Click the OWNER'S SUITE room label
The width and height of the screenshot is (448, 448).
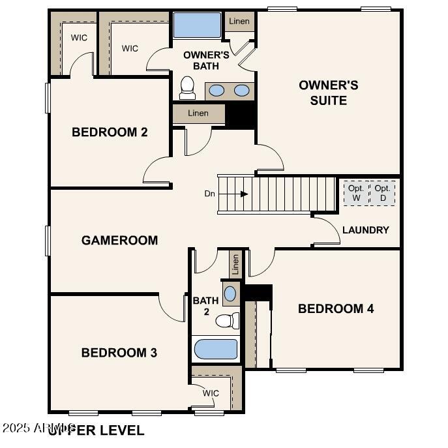pos(329,93)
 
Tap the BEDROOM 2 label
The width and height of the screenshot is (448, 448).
pos(110,132)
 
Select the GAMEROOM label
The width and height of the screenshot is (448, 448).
pos(119,240)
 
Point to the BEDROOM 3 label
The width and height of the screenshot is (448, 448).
pos(119,353)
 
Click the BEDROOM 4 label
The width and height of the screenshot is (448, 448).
pos(336,308)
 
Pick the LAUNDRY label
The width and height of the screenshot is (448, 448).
pos(365,230)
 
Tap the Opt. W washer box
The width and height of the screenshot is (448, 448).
pos(356,193)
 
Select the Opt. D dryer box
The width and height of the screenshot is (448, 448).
pos(383,193)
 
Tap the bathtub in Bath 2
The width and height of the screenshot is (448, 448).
pos(216,350)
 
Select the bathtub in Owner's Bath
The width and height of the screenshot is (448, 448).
pos(198,26)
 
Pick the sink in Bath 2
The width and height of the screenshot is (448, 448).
pos(230,293)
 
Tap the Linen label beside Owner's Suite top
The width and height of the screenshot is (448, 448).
pos(239,22)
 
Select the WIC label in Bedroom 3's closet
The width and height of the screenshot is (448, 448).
pos(211,393)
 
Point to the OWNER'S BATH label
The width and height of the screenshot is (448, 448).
pos(206,60)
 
